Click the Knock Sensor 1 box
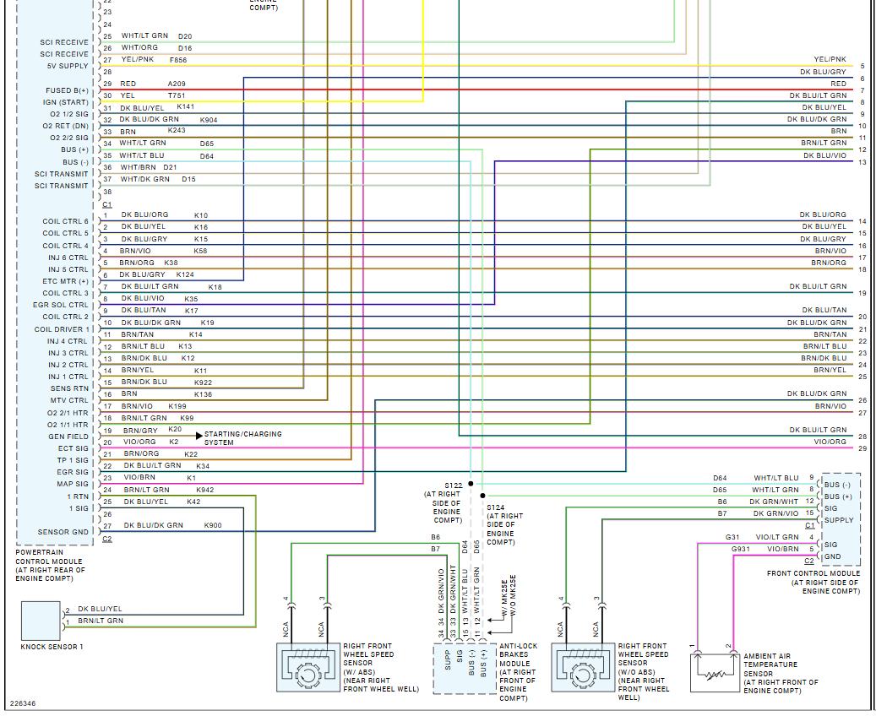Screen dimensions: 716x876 pos(40,621)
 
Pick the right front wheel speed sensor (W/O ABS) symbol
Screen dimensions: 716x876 pos(582,667)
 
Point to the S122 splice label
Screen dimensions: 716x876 pos(454,485)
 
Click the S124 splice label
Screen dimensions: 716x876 pos(494,507)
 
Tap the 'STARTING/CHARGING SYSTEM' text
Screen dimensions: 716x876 pos(242,438)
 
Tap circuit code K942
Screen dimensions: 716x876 pos(205,490)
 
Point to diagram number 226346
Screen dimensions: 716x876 pos(23,702)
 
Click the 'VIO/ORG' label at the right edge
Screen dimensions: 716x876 pos(830,442)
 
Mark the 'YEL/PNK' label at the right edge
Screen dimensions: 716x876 pos(830,59)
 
